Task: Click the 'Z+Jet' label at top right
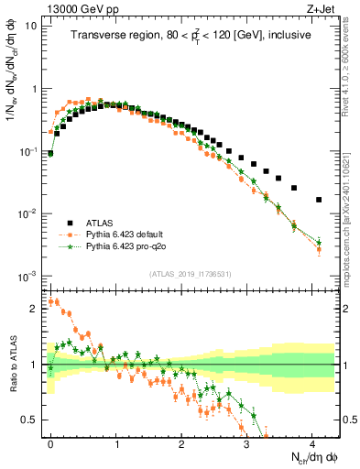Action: coord(322,7)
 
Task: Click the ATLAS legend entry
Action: coord(102,223)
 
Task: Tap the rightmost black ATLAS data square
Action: coord(319,200)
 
